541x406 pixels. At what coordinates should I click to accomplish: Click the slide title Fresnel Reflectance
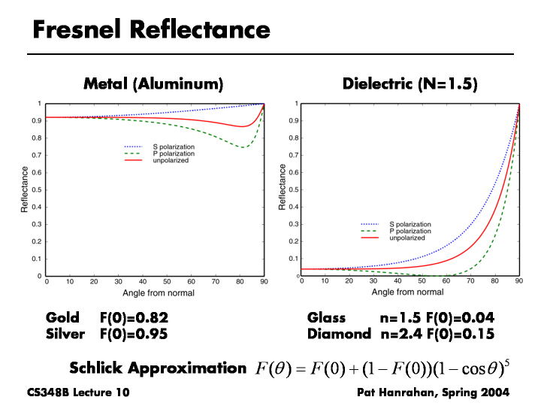click(x=151, y=29)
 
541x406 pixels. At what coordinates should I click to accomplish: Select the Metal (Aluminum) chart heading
click(x=153, y=83)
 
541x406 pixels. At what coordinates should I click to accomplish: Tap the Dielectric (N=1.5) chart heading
click(x=410, y=83)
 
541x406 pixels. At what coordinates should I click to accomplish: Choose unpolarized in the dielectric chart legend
click(x=410, y=238)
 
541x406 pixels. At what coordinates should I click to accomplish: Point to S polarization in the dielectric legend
click(x=410, y=224)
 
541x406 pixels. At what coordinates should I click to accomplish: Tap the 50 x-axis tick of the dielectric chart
click(x=422, y=282)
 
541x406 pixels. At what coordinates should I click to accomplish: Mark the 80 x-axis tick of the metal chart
click(x=240, y=282)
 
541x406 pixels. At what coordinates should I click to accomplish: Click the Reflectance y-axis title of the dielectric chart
click(x=283, y=188)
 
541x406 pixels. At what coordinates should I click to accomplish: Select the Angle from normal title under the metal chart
click(x=156, y=292)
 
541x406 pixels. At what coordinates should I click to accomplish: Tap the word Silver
click(x=65, y=333)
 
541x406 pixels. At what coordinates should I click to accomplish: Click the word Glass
click(x=326, y=318)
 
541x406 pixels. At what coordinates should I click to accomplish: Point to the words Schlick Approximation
click(x=158, y=368)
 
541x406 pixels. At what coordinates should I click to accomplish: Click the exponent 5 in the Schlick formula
click(x=507, y=363)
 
